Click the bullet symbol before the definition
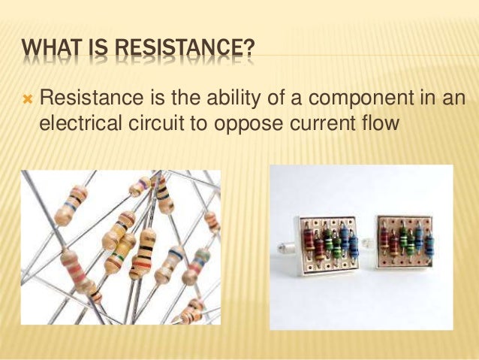[27, 98]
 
